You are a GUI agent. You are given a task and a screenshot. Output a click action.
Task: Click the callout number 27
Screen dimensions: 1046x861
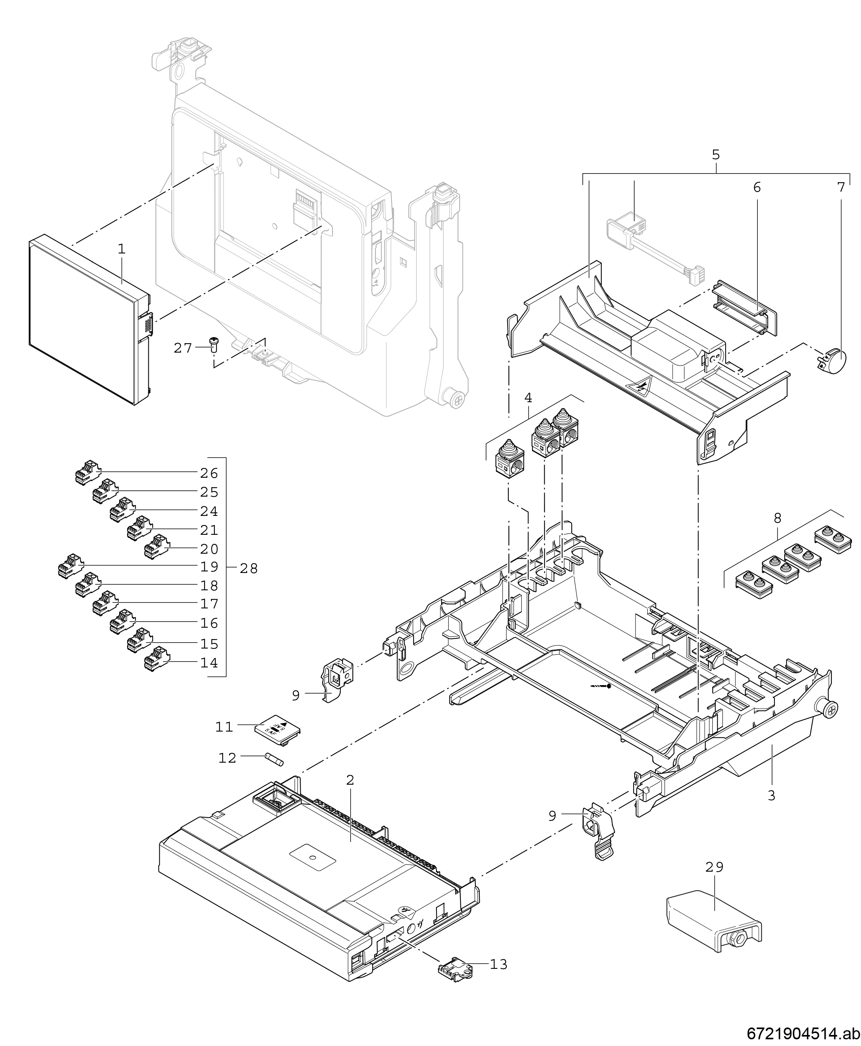pyautogui.click(x=183, y=348)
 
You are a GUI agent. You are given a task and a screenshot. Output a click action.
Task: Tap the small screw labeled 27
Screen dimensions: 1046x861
pyautogui.click(x=214, y=343)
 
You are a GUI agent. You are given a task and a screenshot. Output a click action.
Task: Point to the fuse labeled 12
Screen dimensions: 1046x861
pyautogui.click(x=274, y=760)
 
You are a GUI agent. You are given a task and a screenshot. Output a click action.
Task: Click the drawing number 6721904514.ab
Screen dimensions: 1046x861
pyautogui.click(x=803, y=1033)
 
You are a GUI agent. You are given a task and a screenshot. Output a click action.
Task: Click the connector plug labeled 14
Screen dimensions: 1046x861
pyautogui.click(x=155, y=660)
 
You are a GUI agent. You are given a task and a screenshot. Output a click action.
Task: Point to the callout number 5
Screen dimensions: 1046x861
pyautogui.click(x=716, y=155)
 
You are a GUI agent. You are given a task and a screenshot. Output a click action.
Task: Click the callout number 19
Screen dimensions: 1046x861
pyautogui.click(x=209, y=566)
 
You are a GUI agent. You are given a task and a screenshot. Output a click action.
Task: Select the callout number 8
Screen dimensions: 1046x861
pyautogui.click(x=777, y=518)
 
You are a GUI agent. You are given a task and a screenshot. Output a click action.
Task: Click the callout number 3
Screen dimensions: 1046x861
pyautogui.click(x=771, y=796)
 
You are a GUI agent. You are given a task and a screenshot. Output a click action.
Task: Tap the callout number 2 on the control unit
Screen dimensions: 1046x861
pyautogui.click(x=350, y=780)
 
